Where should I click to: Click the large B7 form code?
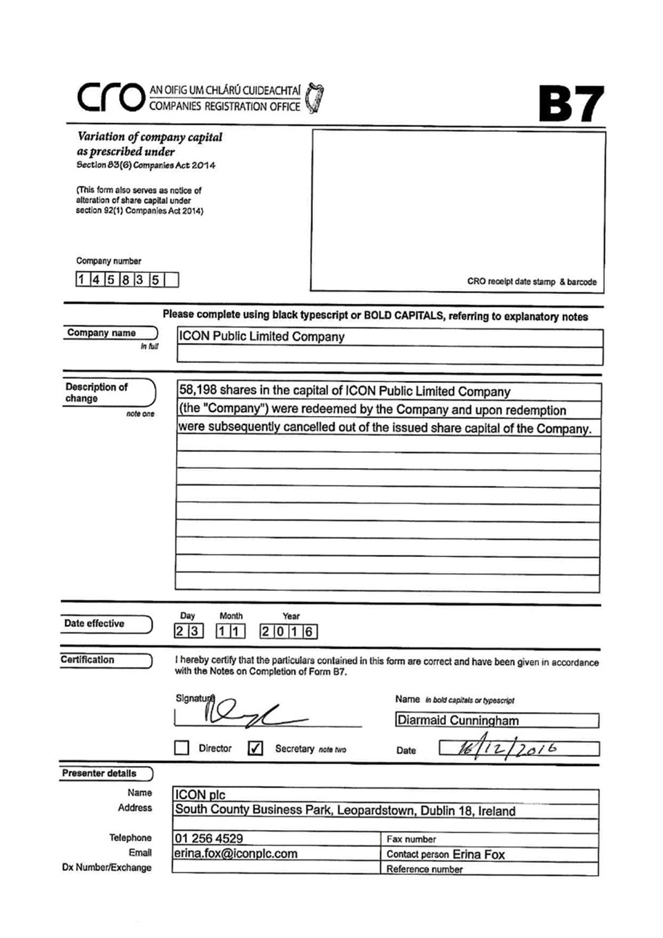[x=570, y=104]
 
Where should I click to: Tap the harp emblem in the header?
[x=315, y=98]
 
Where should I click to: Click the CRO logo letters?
[x=110, y=97]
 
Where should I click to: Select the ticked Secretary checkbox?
[x=255, y=748]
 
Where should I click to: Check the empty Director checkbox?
[x=182, y=748]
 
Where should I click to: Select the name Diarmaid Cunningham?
[x=458, y=720]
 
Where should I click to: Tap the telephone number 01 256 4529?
[x=209, y=838]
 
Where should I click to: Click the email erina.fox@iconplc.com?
[x=236, y=854]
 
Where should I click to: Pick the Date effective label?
[x=95, y=623]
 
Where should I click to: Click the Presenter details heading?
[x=99, y=773]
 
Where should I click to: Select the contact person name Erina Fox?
[x=479, y=854]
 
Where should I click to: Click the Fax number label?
[x=411, y=839]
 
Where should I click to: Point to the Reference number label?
[x=424, y=869]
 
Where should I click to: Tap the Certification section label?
[x=88, y=660]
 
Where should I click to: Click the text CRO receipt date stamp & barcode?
[x=532, y=281]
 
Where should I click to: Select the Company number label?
[x=108, y=261]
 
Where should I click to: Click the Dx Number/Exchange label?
[x=107, y=867]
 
